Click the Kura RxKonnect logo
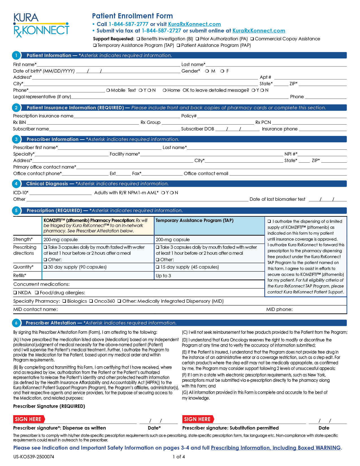41,25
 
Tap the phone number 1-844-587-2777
128,24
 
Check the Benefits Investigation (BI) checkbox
138,39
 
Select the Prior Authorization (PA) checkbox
197,39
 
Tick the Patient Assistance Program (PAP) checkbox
178,45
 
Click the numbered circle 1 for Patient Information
16,56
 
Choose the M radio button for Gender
207,71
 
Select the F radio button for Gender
222,71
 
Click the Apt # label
265,77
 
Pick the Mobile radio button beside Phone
108,90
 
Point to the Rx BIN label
19,123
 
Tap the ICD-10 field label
21,193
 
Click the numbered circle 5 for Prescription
16,211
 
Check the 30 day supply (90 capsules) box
45,267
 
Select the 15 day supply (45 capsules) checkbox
158,267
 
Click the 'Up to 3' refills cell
163,276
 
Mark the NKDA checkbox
15,293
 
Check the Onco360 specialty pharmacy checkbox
91,301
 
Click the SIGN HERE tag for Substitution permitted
198,419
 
